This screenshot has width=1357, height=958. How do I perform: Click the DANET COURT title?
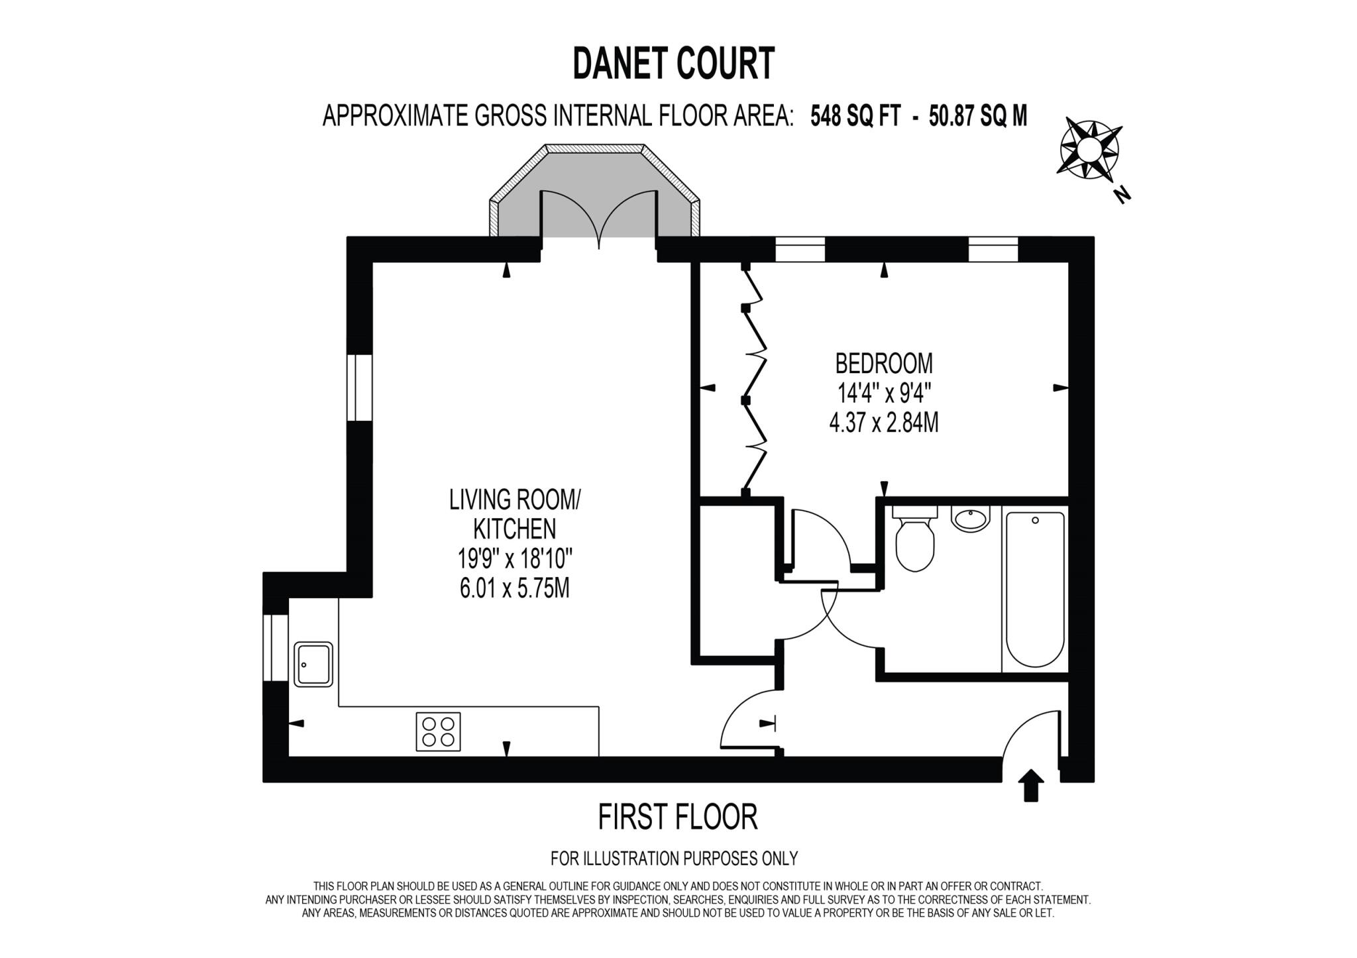pyautogui.click(x=673, y=64)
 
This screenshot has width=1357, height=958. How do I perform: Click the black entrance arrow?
pyautogui.click(x=1030, y=785)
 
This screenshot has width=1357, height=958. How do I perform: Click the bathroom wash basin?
pyautogui.click(x=970, y=518)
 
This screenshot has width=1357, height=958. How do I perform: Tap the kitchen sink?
pyautogui.click(x=313, y=663)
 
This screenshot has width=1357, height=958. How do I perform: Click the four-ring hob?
pyautogui.click(x=438, y=731)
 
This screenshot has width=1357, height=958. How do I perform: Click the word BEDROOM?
pyautogui.click(x=883, y=364)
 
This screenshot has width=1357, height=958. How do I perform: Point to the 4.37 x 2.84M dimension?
pyautogui.click(x=883, y=423)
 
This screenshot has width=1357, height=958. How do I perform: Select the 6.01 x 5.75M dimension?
pyautogui.click(x=514, y=588)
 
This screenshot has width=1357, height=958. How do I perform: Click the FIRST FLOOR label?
pyautogui.click(x=677, y=817)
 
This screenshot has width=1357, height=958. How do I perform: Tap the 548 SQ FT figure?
pyautogui.click(x=855, y=117)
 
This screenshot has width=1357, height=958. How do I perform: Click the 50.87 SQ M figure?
pyautogui.click(x=978, y=117)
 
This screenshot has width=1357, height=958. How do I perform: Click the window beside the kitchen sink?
pyautogui.click(x=276, y=648)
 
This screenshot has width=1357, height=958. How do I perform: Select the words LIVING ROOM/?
pyautogui.click(x=514, y=500)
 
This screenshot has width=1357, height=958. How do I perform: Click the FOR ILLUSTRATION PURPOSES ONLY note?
pyautogui.click(x=674, y=859)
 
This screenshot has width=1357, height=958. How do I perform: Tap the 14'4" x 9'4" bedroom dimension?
pyautogui.click(x=885, y=394)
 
